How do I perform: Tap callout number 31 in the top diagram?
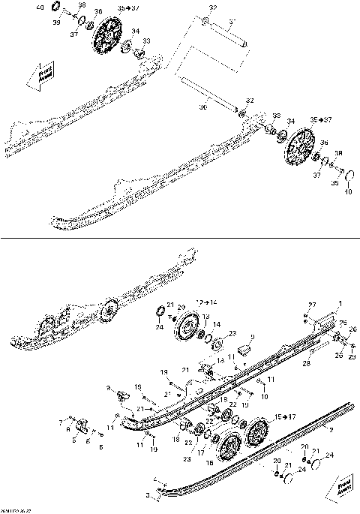pos(211,8)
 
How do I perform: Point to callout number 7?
pos(61,422)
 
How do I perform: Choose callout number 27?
pos(313,304)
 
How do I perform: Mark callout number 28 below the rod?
pos(306,363)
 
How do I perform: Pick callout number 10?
pos(264,395)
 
